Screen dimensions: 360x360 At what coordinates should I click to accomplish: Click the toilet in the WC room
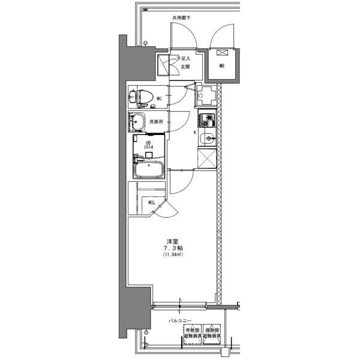click(x=142, y=96)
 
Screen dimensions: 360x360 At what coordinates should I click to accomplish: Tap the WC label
click(x=160, y=98)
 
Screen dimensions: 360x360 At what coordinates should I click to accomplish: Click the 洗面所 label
click(x=156, y=122)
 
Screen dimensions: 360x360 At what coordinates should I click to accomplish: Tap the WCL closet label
click(x=152, y=202)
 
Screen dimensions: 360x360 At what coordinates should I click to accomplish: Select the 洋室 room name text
click(x=172, y=241)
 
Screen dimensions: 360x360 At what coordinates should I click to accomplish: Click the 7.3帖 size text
click(x=172, y=248)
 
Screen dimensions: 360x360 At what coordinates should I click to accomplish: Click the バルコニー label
click(x=179, y=320)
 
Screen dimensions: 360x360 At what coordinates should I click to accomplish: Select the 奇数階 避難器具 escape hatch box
click(x=192, y=333)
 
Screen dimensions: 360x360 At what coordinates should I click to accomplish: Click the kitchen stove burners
click(x=207, y=119)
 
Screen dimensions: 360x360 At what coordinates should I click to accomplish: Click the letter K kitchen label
click(x=194, y=132)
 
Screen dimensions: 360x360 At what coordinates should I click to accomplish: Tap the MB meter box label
click(x=221, y=65)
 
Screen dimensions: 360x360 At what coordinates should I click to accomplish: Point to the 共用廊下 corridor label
click(x=181, y=19)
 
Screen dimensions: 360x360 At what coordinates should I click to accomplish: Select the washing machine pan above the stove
click(x=208, y=95)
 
